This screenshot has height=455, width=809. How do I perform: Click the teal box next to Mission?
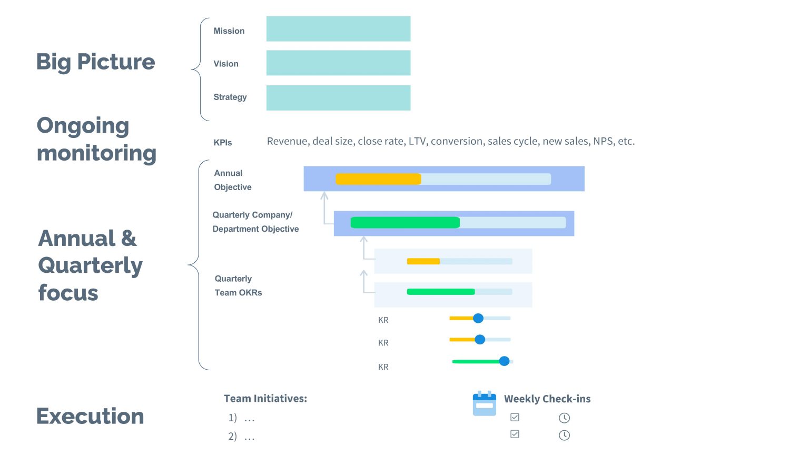338,29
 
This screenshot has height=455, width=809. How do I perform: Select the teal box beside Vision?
338,63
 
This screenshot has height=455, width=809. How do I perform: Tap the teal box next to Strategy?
338,98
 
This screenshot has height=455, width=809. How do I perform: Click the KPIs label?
223,143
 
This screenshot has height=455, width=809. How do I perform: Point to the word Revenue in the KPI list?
287,141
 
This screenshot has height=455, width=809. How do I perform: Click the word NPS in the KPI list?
603,141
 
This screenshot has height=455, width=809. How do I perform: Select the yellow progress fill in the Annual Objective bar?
378,179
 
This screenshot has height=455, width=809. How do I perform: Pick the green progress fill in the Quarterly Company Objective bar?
404,223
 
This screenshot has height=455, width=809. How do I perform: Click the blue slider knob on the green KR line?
504,361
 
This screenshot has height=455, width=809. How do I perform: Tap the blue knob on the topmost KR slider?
478,318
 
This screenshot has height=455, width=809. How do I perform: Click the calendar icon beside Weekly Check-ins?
485,403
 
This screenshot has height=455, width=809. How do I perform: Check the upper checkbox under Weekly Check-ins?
515,417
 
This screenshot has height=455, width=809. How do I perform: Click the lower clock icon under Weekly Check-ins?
564,435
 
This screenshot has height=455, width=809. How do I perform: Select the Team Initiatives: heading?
265,399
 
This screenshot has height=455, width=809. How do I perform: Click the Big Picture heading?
95,62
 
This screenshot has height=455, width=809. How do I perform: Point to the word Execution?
90,416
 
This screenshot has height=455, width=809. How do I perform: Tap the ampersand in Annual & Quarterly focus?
129,239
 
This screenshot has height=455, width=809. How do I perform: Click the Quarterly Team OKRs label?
238,285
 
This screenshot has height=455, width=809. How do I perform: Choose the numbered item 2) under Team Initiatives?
232,437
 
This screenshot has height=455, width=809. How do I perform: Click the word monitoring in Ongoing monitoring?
96,153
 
